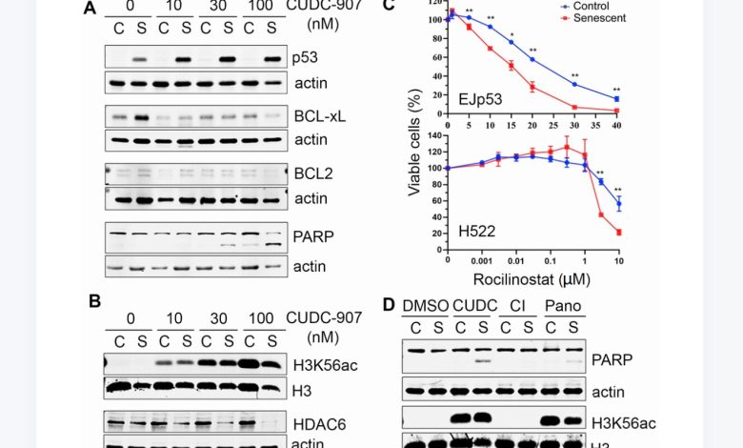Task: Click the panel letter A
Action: (90, 10)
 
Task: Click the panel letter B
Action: (94, 301)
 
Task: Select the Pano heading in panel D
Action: (564, 305)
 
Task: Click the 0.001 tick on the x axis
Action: (482, 260)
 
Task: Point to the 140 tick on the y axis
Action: (434, 134)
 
